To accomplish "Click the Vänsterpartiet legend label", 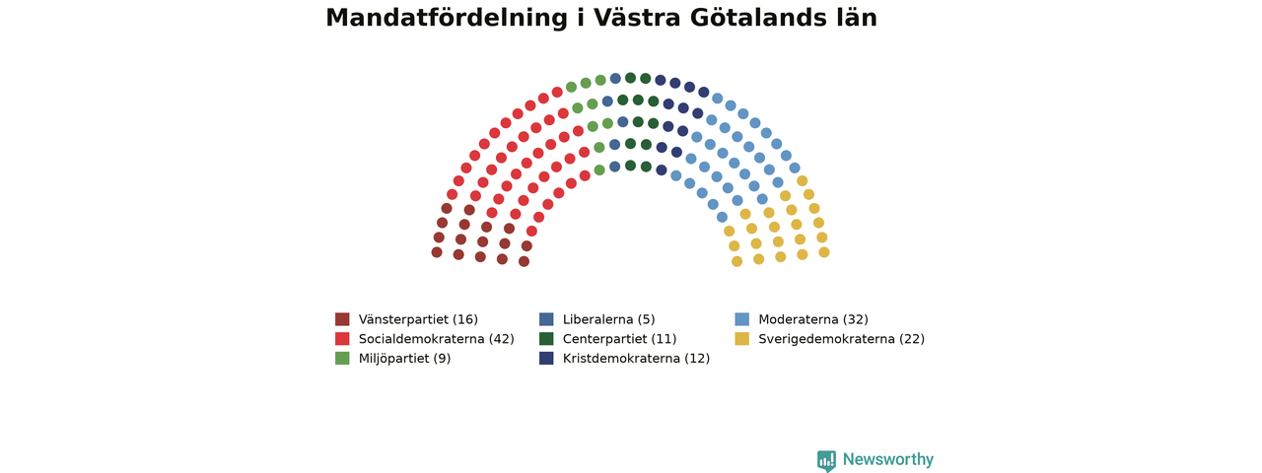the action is coord(418,320).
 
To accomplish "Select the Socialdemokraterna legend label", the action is coord(436,339).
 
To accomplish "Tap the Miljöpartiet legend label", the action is coord(404,359).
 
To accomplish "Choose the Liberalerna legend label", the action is coord(608,320).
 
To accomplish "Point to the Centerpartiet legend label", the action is coord(619,339).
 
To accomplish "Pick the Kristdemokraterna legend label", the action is coord(636,359).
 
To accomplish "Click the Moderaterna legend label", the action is coord(813,320).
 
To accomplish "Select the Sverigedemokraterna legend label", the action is coord(841,339).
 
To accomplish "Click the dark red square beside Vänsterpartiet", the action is coord(342,319).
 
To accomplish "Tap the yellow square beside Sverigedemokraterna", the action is coord(742,338).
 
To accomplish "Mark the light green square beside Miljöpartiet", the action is coord(342,358).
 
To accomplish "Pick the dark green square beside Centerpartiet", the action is coord(546,338).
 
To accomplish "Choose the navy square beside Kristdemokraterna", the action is coord(546,358).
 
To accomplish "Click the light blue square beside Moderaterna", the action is coord(742,319).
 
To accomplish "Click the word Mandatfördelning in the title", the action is coord(447,18).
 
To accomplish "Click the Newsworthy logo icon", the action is coord(826,460).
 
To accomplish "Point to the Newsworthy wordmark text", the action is coord(888,459).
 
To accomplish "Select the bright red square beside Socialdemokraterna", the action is coord(342,338).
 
